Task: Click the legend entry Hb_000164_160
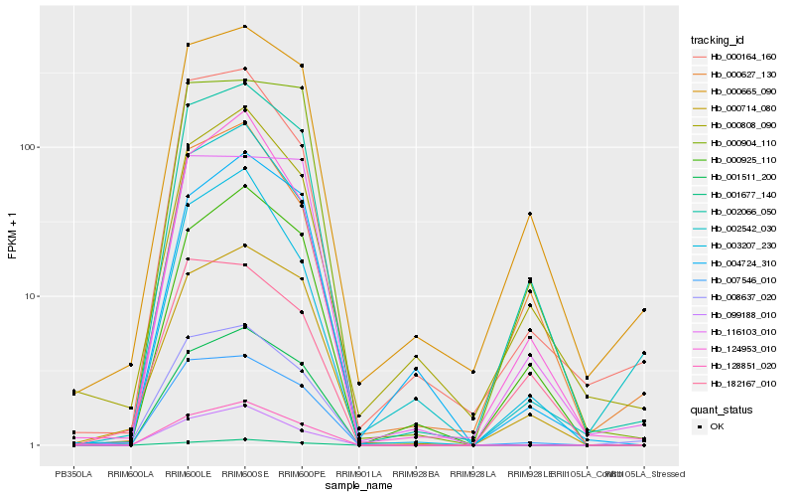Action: (742, 57)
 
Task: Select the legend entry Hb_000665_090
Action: (742, 90)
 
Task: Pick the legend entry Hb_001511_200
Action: (742, 175)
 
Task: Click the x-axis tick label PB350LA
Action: (73, 473)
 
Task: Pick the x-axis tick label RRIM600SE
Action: (244, 473)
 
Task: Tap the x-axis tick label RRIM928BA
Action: (416, 473)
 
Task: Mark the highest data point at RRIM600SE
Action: (244, 26)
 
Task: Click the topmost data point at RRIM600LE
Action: (188, 45)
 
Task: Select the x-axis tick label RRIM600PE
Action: (302, 473)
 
